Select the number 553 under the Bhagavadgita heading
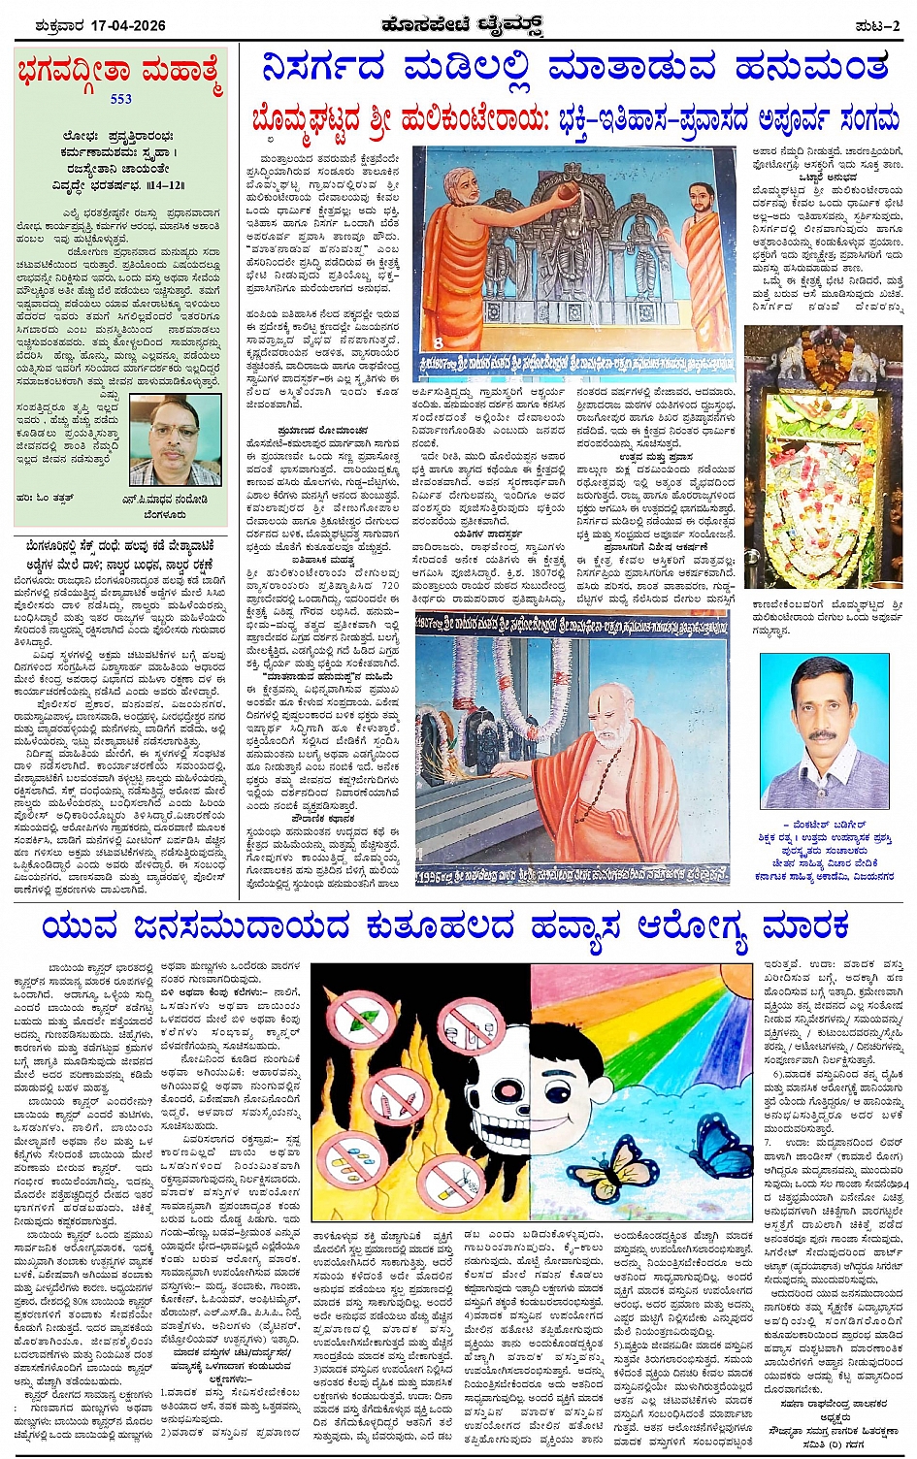[120, 98]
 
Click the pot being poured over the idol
[533, 195]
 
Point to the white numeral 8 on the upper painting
[439, 342]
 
